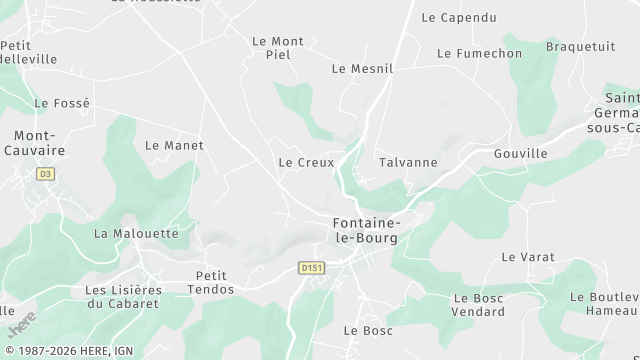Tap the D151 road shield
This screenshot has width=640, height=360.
311,268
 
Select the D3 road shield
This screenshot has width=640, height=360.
45,174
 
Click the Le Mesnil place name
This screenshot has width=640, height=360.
362,69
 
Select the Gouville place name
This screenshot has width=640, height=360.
521,154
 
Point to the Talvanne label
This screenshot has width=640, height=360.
408,162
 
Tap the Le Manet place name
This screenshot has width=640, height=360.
174,145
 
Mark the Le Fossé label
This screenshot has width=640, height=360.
62,103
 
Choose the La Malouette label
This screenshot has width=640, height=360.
136,234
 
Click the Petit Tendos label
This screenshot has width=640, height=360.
211,282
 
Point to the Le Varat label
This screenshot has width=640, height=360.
528,257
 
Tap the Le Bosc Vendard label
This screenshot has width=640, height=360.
479,305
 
